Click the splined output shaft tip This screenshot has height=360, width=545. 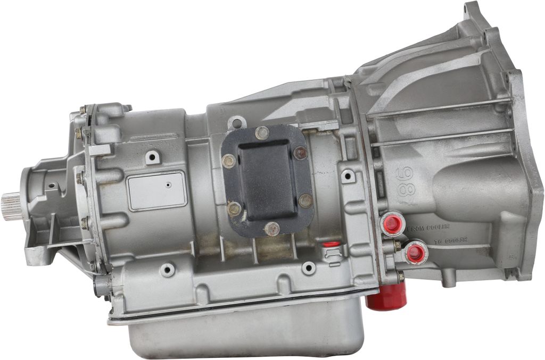[x=10, y=207]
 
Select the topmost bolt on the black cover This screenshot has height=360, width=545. [x=261, y=133]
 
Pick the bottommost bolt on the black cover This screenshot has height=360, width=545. [x=272, y=229]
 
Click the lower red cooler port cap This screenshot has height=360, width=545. [x=416, y=253]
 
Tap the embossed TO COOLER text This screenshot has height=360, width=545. [x=450, y=240]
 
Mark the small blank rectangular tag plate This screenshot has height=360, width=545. [x=157, y=190]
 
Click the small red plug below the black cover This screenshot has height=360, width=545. [x=332, y=244]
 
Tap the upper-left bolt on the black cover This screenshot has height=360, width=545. [x=229, y=161]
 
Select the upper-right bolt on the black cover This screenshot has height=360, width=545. [x=300, y=153]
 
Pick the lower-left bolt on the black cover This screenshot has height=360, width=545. [x=234, y=208]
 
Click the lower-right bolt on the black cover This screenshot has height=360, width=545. [x=305, y=200]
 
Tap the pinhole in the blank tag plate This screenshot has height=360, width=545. [x=168, y=186]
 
